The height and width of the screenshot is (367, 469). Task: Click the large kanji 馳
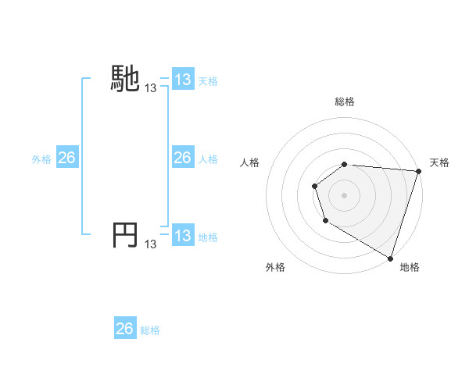coord(125,79)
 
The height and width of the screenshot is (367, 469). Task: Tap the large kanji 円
coord(125,235)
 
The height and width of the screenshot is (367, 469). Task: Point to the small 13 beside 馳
coord(151,89)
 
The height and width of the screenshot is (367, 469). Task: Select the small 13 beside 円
coord(151,245)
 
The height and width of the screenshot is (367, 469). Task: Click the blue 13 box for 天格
coord(182,80)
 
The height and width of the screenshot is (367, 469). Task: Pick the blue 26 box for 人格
coord(182,158)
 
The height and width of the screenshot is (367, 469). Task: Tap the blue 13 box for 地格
coord(182,236)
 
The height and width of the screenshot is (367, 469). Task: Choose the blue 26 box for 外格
coord(66,158)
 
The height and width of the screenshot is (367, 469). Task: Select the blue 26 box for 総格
coord(124,329)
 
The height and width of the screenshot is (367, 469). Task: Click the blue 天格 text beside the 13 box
coord(208,80)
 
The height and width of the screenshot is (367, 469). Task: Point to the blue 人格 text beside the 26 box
coord(208,159)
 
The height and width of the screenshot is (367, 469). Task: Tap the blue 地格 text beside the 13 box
coord(208,237)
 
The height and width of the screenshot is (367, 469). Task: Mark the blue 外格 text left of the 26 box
coord(41,159)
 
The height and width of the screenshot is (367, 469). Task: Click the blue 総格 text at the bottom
coord(150,330)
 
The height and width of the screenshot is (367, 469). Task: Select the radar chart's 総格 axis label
coord(345,102)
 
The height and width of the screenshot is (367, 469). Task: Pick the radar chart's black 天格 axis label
coord(439,162)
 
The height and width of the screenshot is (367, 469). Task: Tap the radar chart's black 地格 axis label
coord(410,267)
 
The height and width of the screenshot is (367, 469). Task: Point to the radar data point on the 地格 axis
coord(390,257)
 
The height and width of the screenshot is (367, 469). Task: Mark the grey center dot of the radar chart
coord(345,195)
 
